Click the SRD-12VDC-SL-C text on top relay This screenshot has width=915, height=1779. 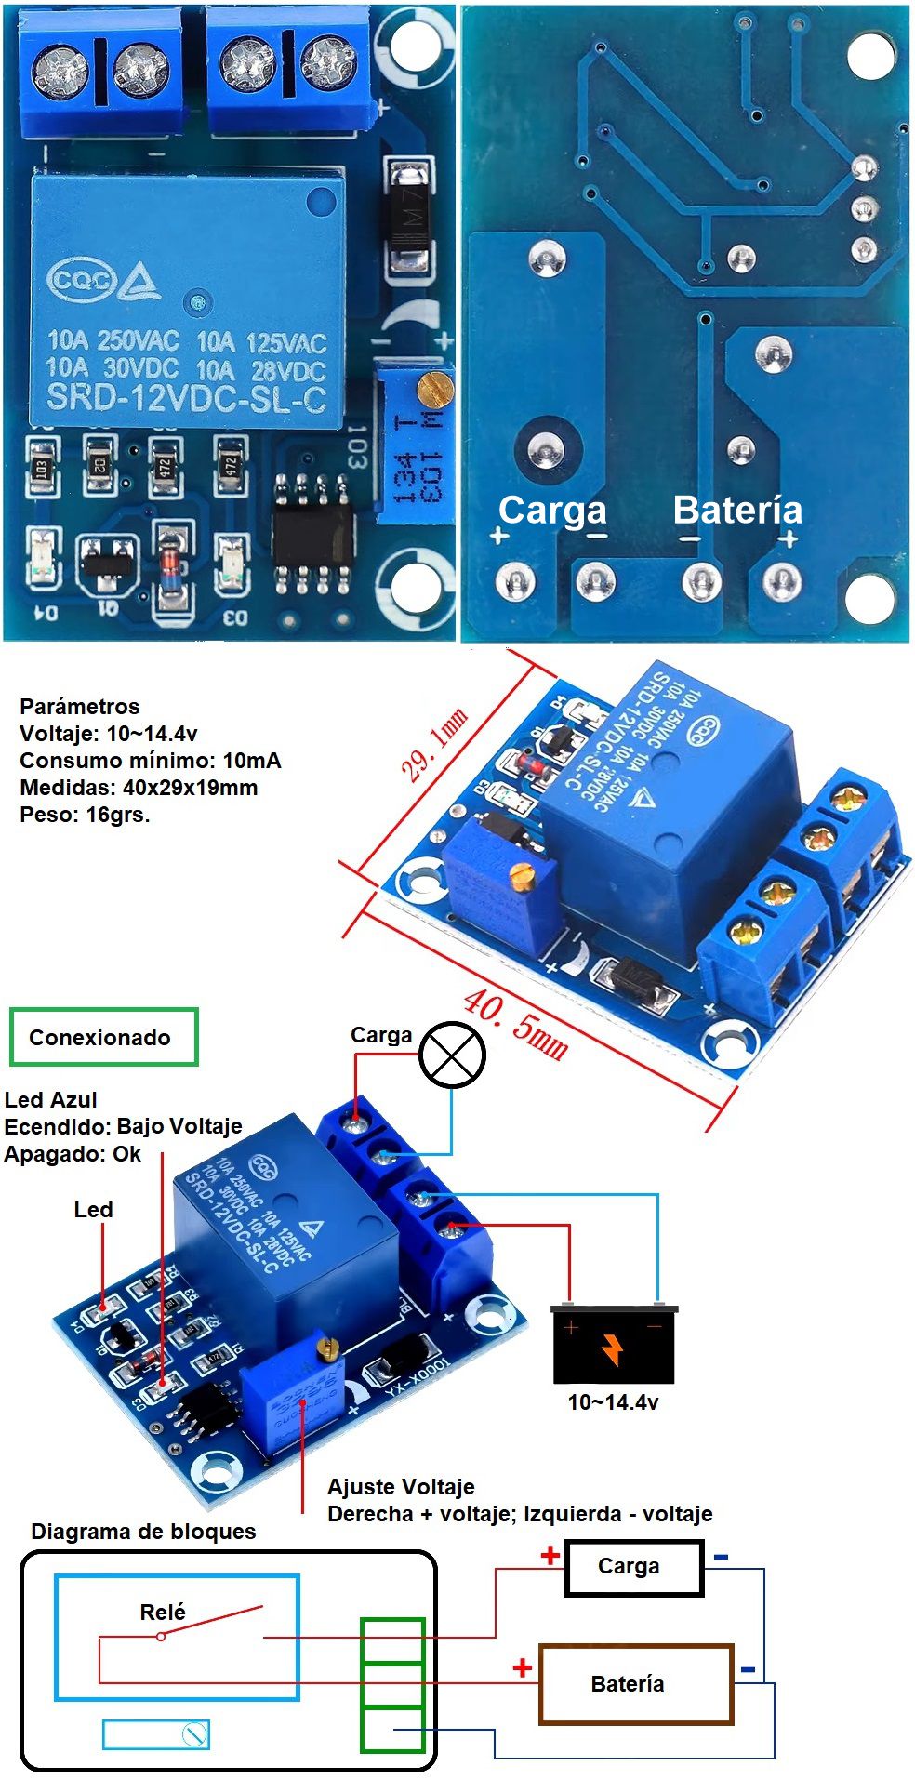[x=186, y=398]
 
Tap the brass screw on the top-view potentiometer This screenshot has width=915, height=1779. [x=431, y=384]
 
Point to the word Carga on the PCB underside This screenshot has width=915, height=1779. [x=552, y=510]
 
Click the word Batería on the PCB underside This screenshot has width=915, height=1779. [x=736, y=510]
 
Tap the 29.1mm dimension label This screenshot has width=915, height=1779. [x=433, y=743]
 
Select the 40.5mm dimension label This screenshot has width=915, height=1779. [x=515, y=1025]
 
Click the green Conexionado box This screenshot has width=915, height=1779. [x=103, y=1037]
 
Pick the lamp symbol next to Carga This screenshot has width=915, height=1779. [x=452, y=1055]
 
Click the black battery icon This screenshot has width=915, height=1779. [x=613, y=1343]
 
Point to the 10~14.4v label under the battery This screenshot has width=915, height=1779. [x=613, y=1401]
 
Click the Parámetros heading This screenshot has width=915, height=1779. [x=79, y=706]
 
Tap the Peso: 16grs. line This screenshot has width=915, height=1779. [x=85, y=815]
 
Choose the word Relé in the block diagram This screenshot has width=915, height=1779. [x=163, y=1612]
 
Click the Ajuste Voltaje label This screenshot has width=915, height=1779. [x=401, y=1486]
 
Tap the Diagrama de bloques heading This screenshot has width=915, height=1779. [x=143, y=1532]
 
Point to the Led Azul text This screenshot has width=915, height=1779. [x=51, y=1100]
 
